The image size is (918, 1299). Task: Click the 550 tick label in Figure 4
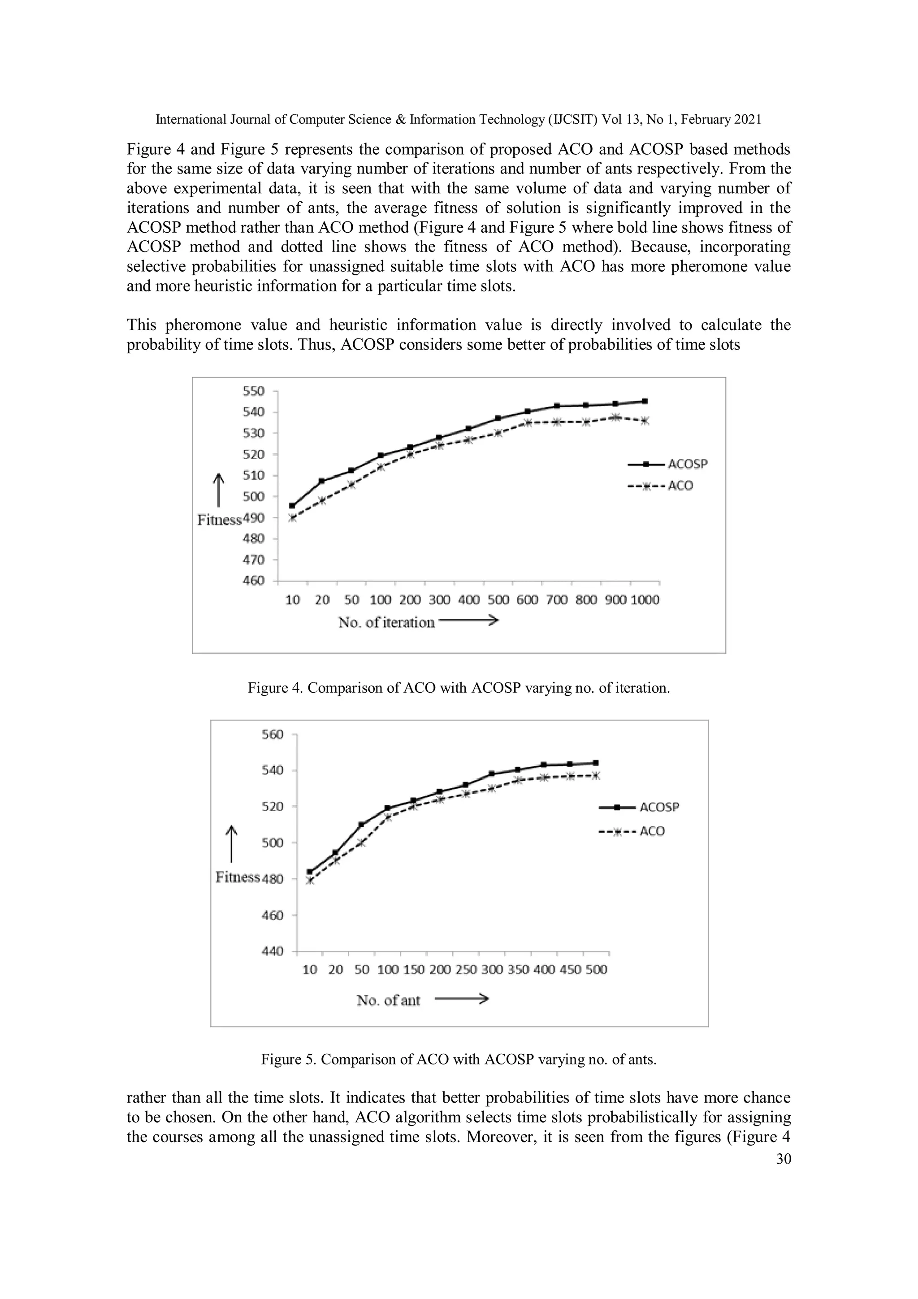253,391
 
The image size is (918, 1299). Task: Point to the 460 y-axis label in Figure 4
253,581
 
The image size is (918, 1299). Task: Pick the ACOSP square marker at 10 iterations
292,506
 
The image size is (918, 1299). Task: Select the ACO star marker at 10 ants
309,880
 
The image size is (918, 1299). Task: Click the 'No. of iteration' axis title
386,623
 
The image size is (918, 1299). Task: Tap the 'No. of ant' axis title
388,1000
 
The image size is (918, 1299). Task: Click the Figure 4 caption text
459,688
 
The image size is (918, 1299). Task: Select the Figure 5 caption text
459,1059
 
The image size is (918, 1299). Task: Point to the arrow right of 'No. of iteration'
468,621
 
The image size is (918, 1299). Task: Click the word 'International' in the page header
191,119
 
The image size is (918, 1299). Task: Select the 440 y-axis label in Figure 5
272,951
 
